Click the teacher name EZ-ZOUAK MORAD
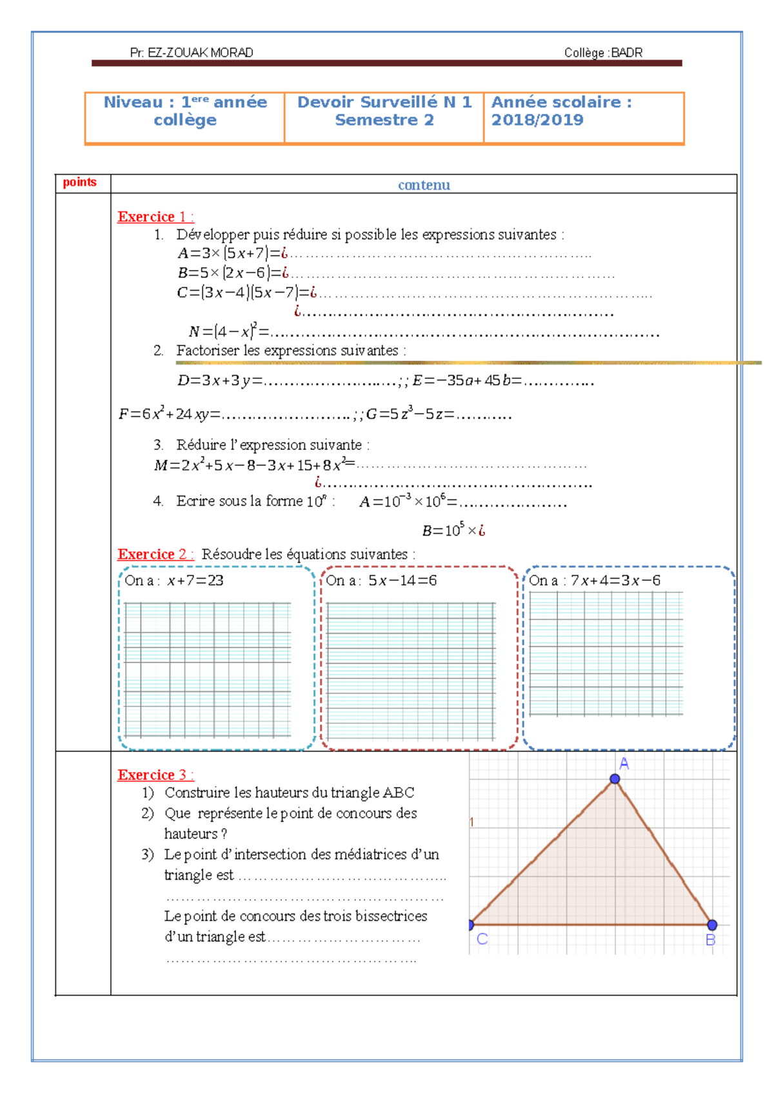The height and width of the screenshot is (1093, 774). [x=200, y=53]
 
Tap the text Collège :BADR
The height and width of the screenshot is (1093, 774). [x=603, y=53]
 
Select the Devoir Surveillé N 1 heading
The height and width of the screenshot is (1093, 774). [x=384, y=102]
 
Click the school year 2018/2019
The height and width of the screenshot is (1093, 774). [x=537, y=120]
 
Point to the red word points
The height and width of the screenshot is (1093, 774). [x=80, y=182]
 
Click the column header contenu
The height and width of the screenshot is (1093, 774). [x=424, y=185]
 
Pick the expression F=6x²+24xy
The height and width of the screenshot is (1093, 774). [x=168, y=414]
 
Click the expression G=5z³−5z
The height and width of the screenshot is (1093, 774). [x=409, y=414]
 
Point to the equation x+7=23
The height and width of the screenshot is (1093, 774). [x=195, y=581]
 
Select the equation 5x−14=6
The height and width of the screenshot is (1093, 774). [x=402, y=581]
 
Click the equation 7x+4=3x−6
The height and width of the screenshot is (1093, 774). [x=615, y=581]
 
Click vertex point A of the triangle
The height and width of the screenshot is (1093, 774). [x=615, y=779]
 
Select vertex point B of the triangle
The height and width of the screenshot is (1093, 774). [x=712, y=925]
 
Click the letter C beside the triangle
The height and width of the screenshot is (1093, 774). [x=482, y=939]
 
